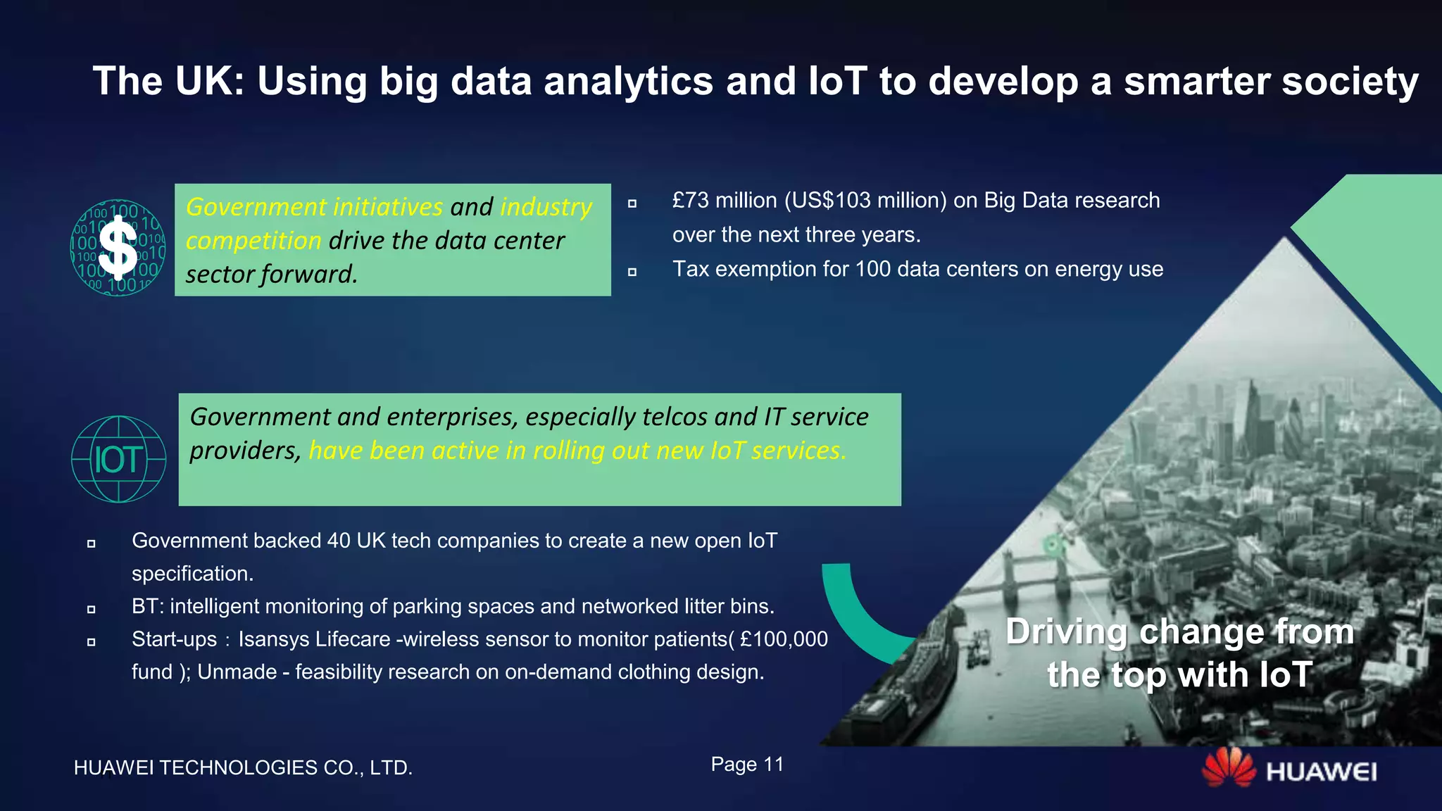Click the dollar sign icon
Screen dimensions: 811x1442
point(118,248)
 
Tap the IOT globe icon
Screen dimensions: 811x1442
point(118,460)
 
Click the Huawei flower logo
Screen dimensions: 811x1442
point(1228,768)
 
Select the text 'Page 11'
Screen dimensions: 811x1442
point(747,765)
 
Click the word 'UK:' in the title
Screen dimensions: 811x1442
point(209,81)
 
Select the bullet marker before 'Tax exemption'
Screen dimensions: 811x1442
point(632,272)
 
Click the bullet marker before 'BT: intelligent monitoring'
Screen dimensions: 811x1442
point(91,609)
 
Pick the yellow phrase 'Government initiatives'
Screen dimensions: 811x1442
point(314,207)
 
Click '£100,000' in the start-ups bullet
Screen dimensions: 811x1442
point(784,639)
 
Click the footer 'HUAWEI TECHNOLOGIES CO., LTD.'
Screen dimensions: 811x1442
point(243,767)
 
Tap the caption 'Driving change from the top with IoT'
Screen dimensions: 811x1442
point(1179,653)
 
